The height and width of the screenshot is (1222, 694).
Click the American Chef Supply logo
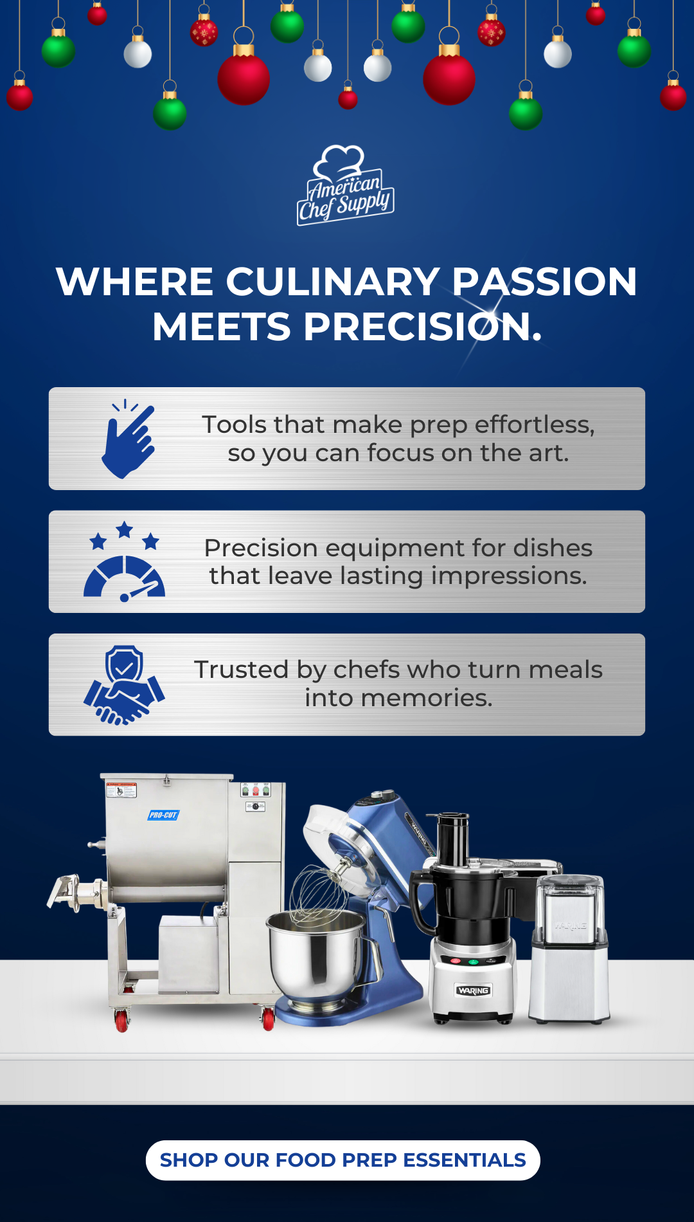pos(346,185)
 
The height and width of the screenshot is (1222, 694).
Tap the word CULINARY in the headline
pos(333,282)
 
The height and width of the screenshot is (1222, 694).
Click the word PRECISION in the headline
pos(423,327)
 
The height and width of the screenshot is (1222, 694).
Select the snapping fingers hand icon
pos(129,439)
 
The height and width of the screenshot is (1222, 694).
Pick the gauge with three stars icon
pos(124,561)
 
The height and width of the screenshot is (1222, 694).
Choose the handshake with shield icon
pos(124,685)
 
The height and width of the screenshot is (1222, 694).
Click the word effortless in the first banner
pos(535,424)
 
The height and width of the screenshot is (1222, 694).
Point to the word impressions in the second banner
pos(509,576)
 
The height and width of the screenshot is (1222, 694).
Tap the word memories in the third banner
pos(427,698)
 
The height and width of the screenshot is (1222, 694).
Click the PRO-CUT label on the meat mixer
pos(163,815)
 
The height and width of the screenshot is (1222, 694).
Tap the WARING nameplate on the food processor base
pos(474,990)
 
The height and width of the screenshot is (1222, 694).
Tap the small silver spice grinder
pos(569,948)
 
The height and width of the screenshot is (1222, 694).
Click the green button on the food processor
pos(474,962)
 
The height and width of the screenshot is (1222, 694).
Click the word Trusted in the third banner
pos(241,670)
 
